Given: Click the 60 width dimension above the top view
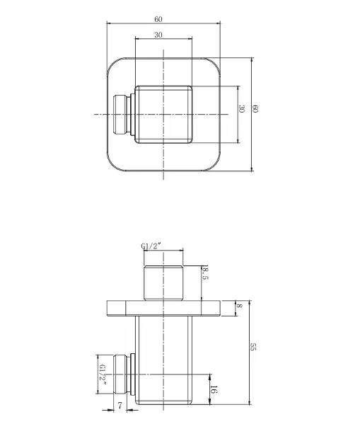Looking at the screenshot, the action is (x=158, y=19).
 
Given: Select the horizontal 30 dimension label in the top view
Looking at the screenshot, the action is (x=158, y=35).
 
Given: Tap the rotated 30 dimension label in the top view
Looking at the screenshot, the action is (x=241, y=109).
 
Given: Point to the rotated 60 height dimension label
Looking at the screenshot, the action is (x=255, y=109).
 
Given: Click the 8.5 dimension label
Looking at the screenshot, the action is (x=205, y=273).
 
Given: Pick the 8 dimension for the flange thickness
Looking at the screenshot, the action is (x=239, y=306).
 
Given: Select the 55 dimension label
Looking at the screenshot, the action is (x=253, y=347).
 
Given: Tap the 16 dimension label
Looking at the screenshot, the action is (x=214, y=389).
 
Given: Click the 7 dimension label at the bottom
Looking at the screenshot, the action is (x=120, y=406).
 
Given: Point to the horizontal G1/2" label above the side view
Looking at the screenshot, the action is (x=151, y=246).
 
